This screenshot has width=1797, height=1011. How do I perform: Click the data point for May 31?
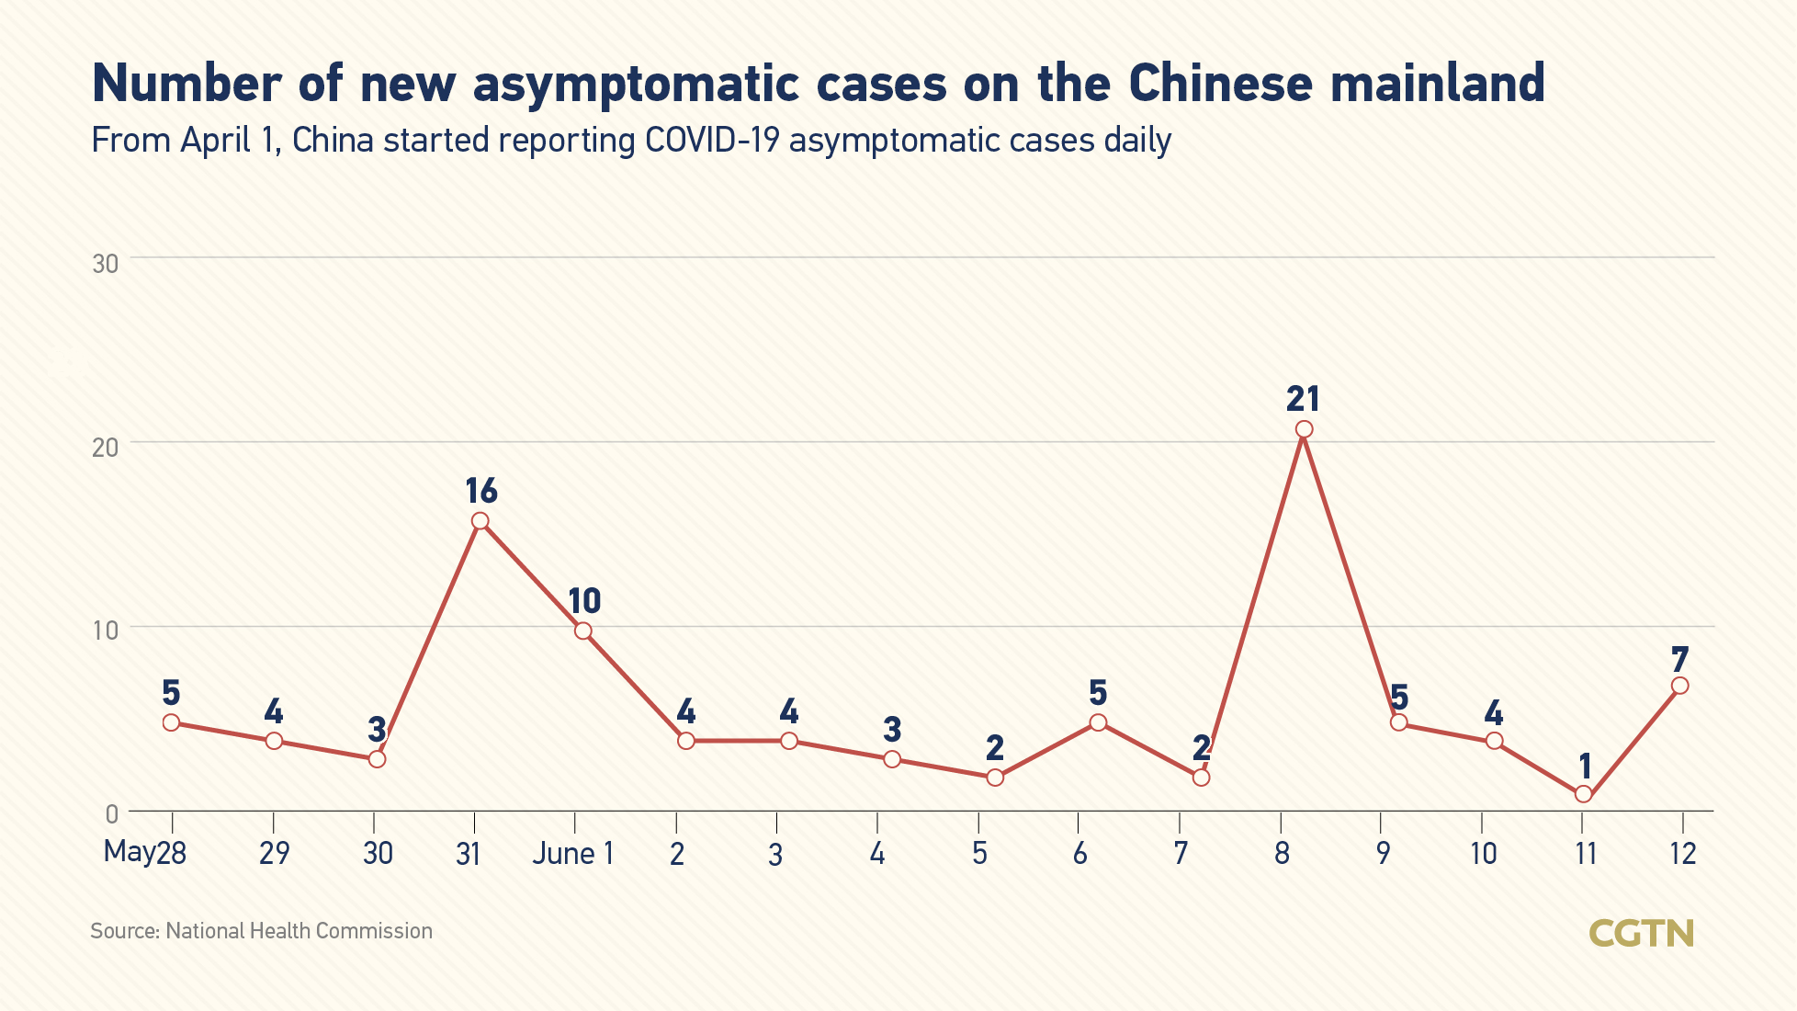[480, 521]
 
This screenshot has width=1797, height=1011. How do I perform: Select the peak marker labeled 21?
[1304, 429]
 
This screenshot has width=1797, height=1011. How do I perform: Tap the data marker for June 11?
[1583, 794]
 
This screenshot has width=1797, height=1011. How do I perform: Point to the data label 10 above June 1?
[584, 601]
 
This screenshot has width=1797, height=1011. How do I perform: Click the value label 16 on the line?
[481, 491]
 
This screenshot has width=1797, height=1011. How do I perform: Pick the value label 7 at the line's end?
[1679, 660]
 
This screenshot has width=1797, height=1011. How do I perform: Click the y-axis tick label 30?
[106, 264]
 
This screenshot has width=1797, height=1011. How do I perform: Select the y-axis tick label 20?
[106, 448]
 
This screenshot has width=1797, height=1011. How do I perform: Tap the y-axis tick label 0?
[112, 813]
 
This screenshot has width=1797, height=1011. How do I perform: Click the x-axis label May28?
[145, 853]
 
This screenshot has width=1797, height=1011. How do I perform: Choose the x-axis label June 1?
[573, 854]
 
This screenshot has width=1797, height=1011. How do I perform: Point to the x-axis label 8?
[1282, 854]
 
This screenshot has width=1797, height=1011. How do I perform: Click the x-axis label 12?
[1682, 854]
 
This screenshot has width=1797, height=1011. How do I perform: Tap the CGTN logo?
[1641, 933]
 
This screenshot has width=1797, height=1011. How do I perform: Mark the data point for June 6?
[1097, 722]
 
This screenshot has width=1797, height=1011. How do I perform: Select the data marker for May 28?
[171, 722]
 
